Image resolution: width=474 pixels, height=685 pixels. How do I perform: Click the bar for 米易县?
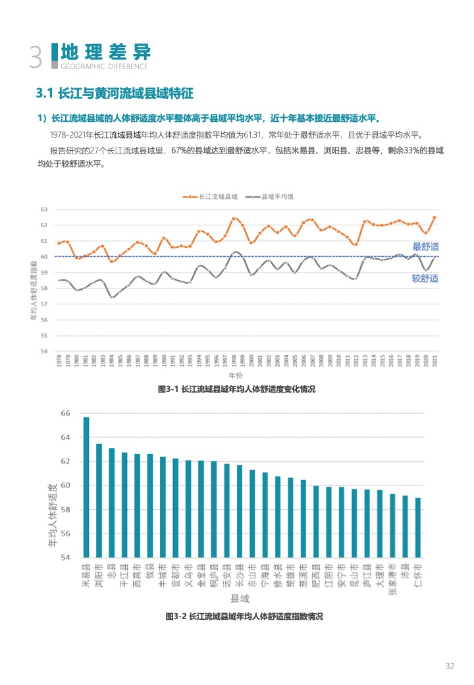click(x=86, y=487)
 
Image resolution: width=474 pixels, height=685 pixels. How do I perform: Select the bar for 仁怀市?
click(x=418, y=527)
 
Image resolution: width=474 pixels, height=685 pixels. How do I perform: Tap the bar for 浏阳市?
click(x=99, y=500)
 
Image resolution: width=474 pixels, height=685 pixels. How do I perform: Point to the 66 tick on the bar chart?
click(x=65, y=413)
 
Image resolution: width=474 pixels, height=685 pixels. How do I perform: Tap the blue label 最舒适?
click(x=425, y=247)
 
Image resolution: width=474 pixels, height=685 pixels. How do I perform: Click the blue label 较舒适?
click(x=425, y=279)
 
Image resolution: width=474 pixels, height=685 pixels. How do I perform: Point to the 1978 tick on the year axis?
click(x=59, y=361)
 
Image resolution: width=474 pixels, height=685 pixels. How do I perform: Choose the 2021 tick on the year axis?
click(x=434, y=361)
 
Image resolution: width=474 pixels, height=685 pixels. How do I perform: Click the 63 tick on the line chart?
click(x=45, y=209)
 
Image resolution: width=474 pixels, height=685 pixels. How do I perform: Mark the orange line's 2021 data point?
click(x=434, y=217)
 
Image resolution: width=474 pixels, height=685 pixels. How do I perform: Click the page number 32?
click(x=450, y=666)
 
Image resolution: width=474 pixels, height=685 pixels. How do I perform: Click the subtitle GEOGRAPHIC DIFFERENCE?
click(x=104, y=66)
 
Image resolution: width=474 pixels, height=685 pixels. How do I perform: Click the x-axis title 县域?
click(x=240, y=599)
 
